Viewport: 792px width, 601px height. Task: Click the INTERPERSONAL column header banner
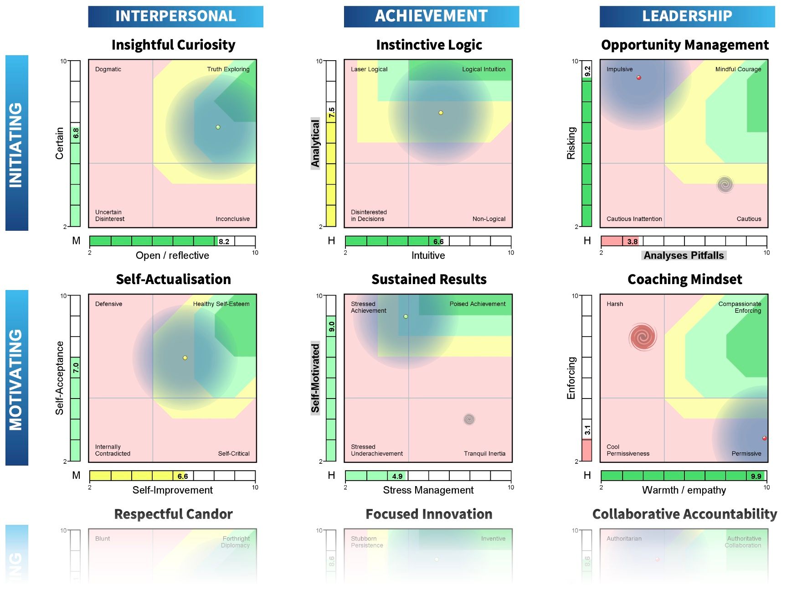pos(175,16)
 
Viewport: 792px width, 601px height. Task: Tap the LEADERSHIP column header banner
pos(687,16)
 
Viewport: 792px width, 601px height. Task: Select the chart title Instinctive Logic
pos(429,45)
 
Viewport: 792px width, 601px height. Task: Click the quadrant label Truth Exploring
pos(228,69)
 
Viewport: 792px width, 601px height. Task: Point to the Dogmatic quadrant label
pos(108,69)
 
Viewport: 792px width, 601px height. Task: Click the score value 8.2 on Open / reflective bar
pos(224,242)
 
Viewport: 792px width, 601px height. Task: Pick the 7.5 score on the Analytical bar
pos(332,112)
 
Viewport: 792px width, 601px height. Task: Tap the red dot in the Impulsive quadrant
pos(639,78)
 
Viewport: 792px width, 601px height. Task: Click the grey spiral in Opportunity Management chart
pos(725,185)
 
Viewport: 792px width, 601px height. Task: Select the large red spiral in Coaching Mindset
pos(643,337)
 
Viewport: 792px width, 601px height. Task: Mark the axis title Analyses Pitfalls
pos(684,255)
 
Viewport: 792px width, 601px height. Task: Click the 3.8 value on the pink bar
pos(632,242)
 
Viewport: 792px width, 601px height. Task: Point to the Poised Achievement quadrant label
pos(477,304)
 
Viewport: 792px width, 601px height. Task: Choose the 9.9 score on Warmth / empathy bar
pos(756,477)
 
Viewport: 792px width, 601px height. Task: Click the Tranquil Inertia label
pos(484,454)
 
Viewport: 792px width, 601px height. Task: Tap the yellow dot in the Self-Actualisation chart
pos(185,358)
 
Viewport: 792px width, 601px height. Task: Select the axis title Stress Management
pos(428,490)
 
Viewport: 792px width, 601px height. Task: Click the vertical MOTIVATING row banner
pos(16,378)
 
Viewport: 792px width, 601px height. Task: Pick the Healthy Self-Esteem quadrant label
pos(221,304)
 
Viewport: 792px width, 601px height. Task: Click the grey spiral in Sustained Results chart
pos(469,419)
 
